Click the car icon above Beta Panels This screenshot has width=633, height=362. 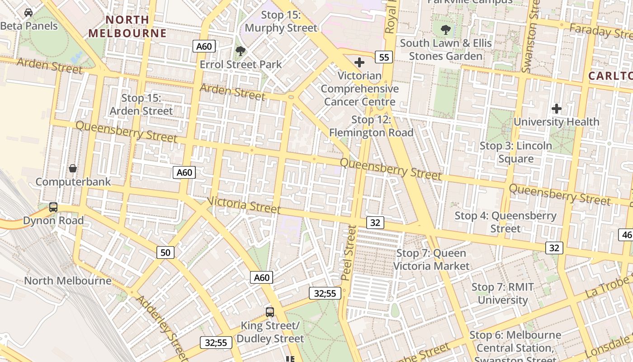pyautogui.click(x=28, y=13)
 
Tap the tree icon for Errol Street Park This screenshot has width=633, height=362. pyautogui.click(x=241, y=51)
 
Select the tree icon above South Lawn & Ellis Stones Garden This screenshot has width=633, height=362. pyautogui.click(x=446, y=30)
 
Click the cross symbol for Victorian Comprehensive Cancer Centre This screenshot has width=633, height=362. pyautogui.click(x=359, y=62)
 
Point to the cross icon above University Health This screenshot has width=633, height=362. pyautogui.click(x=557, y=109)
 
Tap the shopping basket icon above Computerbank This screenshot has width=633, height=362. pyautogui.click(x=73, y=169)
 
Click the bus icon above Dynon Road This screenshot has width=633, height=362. pyautogui.click(x=53, y=207)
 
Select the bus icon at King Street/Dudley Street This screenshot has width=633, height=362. pyautogui.click(x=270, y=312)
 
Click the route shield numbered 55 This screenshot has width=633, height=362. pyautogui.click(x=384, y=57)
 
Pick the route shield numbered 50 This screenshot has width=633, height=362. pyautogui.click(x=165, y=252)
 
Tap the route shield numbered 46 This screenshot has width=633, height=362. pyautogui.click(x=626, y=234)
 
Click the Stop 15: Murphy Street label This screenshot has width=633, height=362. pyautogui.click(x=281, y=21)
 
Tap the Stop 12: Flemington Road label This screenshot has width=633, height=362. pyautogui.click(x=371, y=126)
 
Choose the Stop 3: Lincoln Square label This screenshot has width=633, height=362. pyautogui.click(x=516, y=152)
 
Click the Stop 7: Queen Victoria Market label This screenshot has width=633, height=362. pyautogui.click(x=431, y=259)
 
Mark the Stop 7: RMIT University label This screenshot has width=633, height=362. pyautogui.click(x=503, y=293)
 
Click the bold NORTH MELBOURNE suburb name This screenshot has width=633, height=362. pyautogui.click(x=127, y=26)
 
